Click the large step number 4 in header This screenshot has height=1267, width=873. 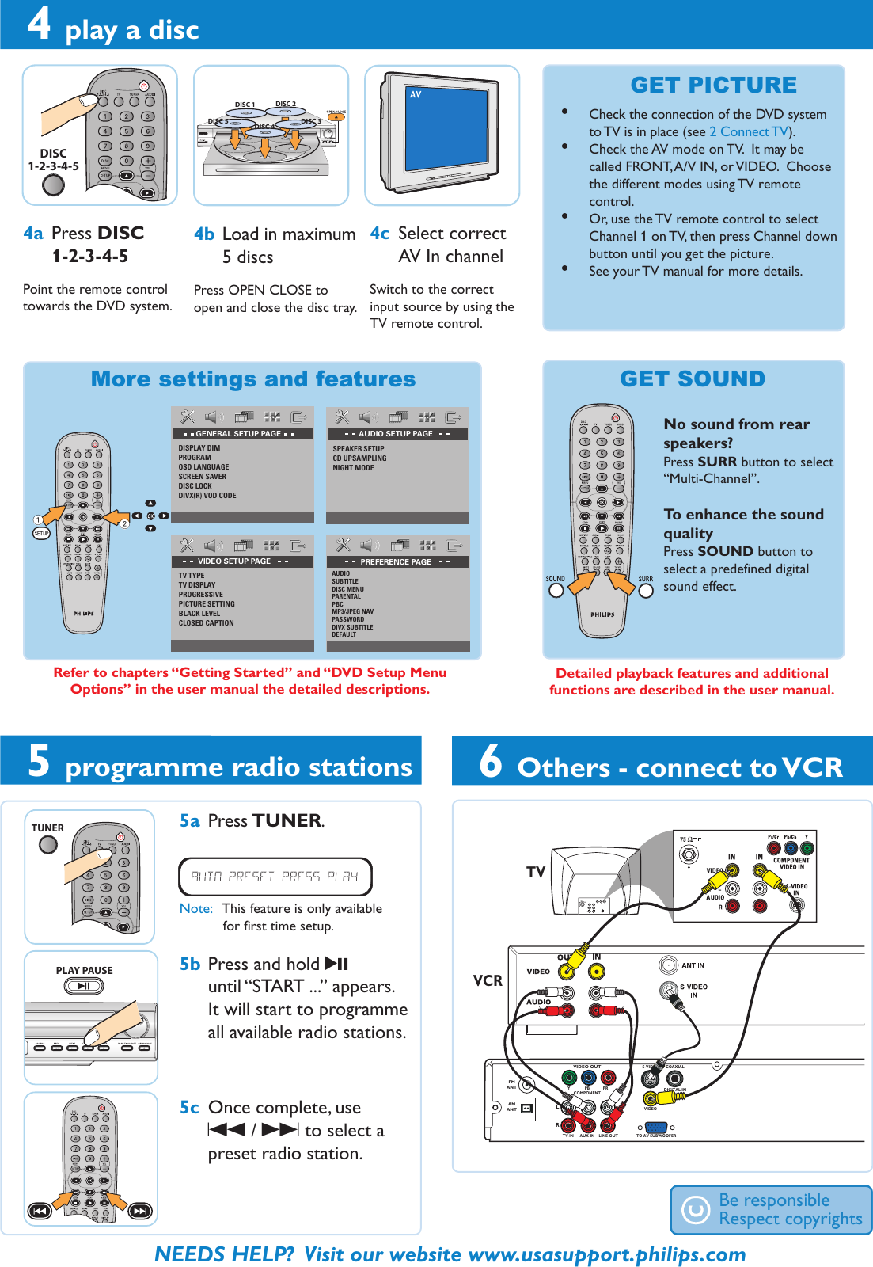coord(39,24)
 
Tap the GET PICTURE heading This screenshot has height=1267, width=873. coord(713,85)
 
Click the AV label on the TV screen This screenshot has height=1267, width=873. coord(416,94)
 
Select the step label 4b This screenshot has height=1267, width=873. coord(204,234)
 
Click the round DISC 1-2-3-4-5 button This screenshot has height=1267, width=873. coord(53,185)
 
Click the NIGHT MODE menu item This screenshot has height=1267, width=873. coord(353,468)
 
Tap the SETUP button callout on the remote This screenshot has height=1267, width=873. coord(41,534)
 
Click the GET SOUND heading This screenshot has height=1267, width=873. coord(693,379)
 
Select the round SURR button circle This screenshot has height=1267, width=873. coord(646,591)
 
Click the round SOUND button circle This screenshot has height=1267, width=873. coord(556,590)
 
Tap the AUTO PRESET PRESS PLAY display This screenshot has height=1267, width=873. coord(275,877)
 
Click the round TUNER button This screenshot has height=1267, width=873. coord(48,845)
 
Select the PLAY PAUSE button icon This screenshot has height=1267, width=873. coord(84,986)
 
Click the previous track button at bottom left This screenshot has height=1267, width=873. coord(40,1211)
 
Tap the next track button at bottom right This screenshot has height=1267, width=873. coord(139,1211)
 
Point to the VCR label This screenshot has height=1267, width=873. coord(488,980)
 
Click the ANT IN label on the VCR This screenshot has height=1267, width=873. coord(693,965)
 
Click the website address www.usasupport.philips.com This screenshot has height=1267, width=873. coord(606,1254)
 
